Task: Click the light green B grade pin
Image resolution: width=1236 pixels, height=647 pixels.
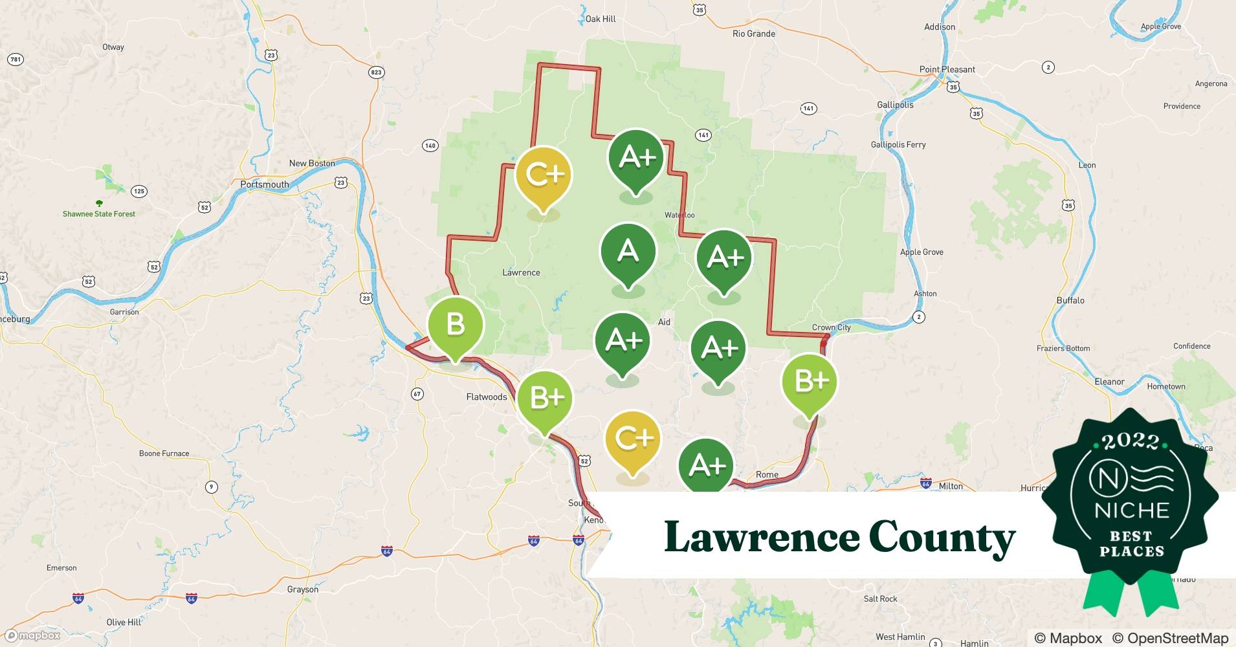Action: point(455,325)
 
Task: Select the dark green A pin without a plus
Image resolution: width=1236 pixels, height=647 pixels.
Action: point(628,252)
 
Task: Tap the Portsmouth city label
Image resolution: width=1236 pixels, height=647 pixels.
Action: point(265,184)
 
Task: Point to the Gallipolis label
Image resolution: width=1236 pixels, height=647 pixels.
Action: point(895,105)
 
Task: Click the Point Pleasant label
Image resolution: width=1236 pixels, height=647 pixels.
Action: point(947,69)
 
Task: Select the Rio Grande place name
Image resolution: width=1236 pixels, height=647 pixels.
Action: point(753,34)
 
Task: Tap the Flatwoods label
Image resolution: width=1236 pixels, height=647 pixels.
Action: point(486,397)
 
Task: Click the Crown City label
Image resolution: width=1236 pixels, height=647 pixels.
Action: point(831,327)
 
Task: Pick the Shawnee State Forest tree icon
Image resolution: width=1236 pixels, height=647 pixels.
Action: point(99,203)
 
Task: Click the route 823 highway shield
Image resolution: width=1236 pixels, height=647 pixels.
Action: point(376,72)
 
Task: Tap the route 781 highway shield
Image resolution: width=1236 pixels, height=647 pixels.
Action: point(15,60)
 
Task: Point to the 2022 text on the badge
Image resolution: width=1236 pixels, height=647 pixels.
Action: point(1131,441)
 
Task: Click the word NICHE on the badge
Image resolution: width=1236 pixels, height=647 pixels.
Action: point(1132,510)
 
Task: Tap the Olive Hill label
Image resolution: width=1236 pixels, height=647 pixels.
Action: point(124,622)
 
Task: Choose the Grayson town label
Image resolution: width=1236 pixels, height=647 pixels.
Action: point(302,589)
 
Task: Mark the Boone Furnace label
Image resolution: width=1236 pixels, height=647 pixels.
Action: point(164,454)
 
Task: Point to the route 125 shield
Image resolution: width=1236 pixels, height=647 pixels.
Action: point(138,191)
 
